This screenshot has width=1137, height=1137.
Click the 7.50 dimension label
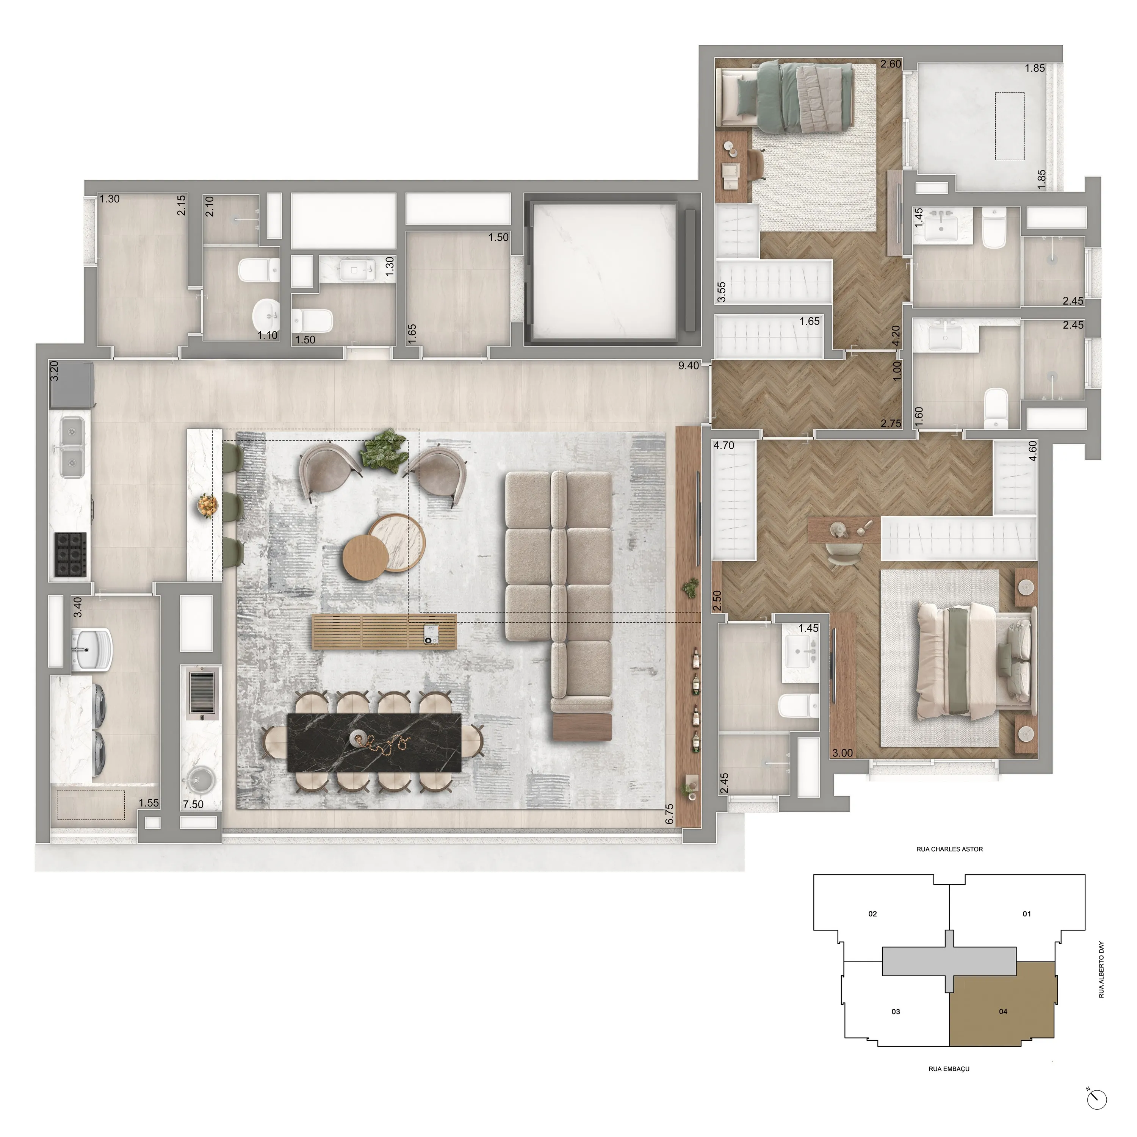(193, 804)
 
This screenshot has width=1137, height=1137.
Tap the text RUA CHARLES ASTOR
(949, 849)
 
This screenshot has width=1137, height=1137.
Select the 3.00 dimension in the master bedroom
(842, 753)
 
